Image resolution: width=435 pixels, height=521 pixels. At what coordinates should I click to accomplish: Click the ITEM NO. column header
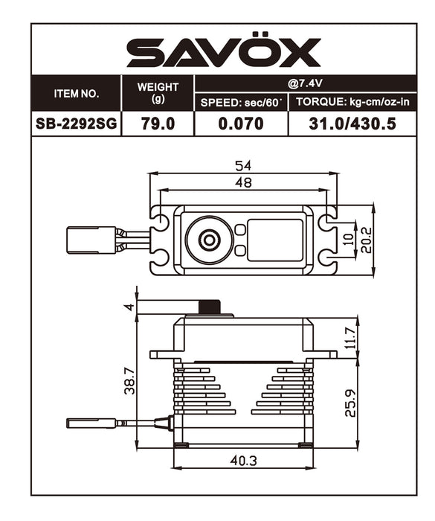point(76,94)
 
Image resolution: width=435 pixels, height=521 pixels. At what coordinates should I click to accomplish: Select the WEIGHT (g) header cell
point(158,93)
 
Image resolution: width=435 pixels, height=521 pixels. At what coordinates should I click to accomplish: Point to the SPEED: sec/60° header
point(242,103)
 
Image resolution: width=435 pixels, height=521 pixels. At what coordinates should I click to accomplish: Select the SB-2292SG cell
point(76,124)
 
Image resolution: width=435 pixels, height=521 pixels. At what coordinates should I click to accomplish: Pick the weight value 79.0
point(158,124)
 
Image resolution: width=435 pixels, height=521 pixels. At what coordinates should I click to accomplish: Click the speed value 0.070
point(242,124)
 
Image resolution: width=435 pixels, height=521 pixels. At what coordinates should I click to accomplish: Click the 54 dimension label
point(242,165)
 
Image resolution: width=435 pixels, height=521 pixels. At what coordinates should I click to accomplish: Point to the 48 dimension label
point(242,182)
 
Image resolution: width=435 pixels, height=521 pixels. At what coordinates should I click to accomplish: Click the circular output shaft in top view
point(208,240)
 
